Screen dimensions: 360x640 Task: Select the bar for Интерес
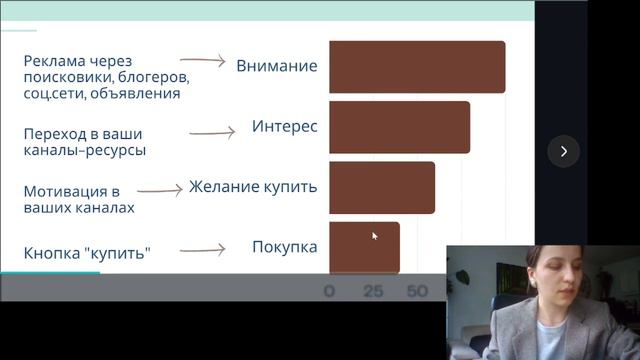(399, 127)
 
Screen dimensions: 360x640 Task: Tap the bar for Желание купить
(381, 187)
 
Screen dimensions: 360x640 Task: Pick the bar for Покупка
(364, 246)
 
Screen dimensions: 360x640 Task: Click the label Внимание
(277, 66)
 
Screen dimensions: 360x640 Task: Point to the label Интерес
(285, 127)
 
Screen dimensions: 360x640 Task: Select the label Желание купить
(253, 186)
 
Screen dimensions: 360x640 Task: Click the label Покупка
(285, 246)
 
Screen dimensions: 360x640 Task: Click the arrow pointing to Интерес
(211, 130)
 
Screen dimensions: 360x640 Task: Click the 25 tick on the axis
(373, 292)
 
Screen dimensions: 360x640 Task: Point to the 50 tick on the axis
(417, 292)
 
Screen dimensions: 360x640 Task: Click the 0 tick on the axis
(330, 292)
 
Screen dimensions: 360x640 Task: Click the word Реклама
(53, 61)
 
